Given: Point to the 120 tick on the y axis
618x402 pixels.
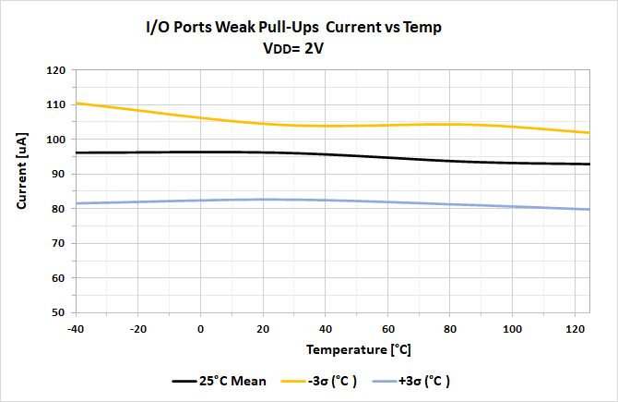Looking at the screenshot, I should tap(57, 70).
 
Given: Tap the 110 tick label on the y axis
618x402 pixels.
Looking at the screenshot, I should tap(57, 104).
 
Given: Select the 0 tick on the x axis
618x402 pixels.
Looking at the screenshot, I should tap(201, 328).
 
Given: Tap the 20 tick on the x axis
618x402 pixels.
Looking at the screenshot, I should tap(263, 328).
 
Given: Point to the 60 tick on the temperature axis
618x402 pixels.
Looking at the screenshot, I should tap(388, 328).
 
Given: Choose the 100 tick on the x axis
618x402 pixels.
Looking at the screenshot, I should tap(513, 328).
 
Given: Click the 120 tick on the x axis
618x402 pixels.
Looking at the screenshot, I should tap(576, 328).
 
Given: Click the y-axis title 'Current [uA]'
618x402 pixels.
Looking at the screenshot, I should tap(21, 190).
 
